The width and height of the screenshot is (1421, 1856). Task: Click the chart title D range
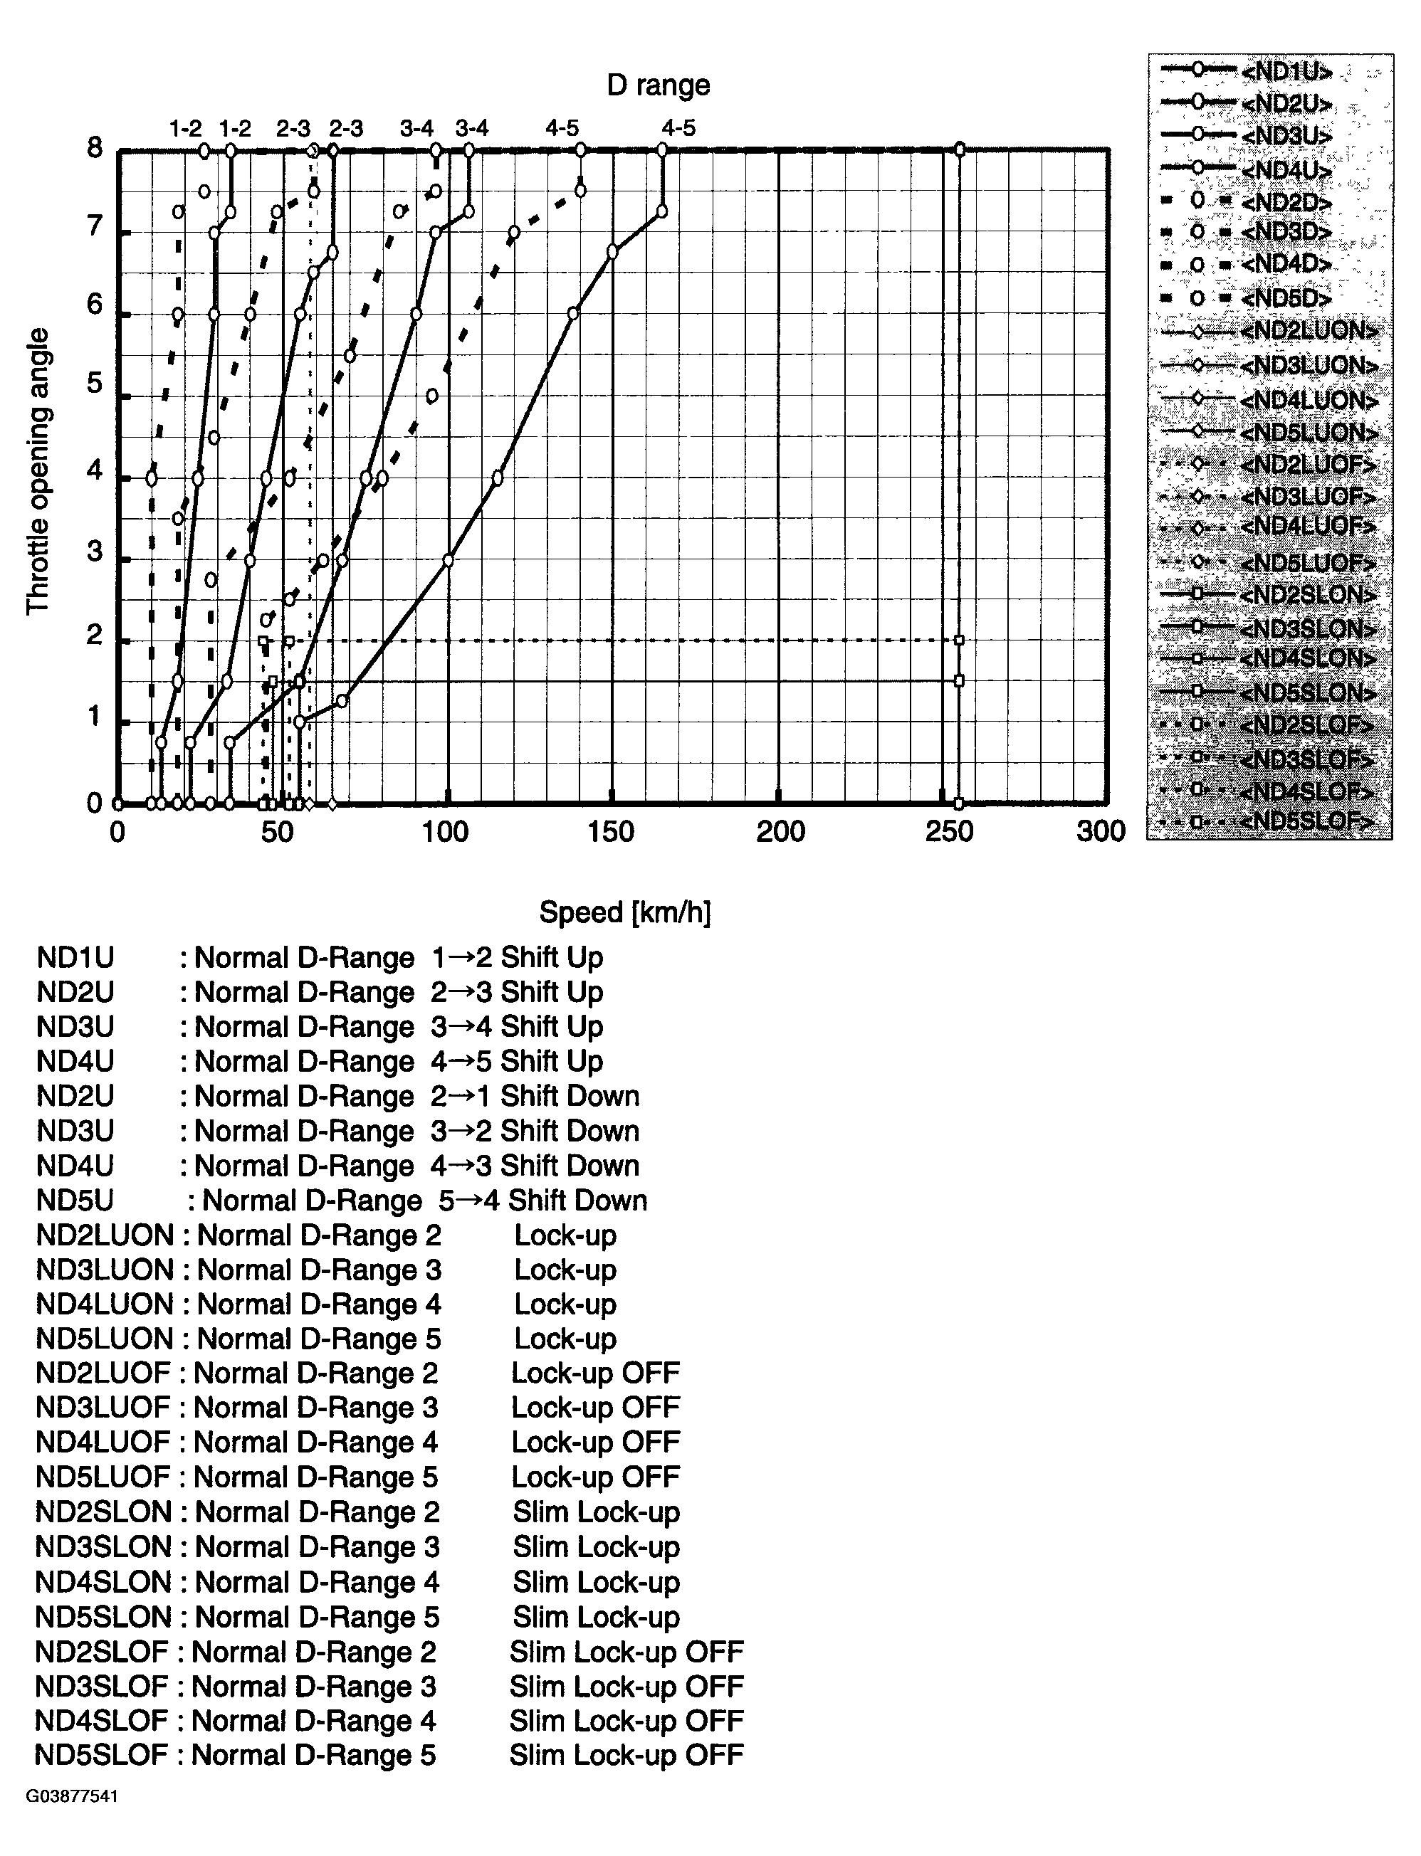point(658,85)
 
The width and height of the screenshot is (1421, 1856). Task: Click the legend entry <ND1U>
point(1286,72)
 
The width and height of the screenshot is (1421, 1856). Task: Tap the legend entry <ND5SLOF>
point(1307,821)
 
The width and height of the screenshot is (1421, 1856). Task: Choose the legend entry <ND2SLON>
point(1308,594)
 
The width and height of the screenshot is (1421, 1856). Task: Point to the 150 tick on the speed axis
point(611,832)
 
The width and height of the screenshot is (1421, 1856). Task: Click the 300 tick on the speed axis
point(1101,832)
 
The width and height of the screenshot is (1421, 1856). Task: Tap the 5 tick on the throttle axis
point(95,383)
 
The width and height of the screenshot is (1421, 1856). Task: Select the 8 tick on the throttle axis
point(95,149)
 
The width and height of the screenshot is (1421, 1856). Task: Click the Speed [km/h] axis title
point(625,912)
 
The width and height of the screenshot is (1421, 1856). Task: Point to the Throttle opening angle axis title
point(38,471)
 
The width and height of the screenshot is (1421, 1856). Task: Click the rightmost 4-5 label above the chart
point(678,129)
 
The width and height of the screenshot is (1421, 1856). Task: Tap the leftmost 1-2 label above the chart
point(185,130)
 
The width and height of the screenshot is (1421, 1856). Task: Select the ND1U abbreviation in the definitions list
point(75,958)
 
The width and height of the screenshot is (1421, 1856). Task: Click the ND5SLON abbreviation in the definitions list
point(103,1617)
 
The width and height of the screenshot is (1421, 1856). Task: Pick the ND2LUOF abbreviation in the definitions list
point(103,1373)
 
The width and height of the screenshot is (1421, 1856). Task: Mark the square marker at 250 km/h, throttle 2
point(959,640)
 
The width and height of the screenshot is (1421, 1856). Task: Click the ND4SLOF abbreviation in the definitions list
point(102,1721)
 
